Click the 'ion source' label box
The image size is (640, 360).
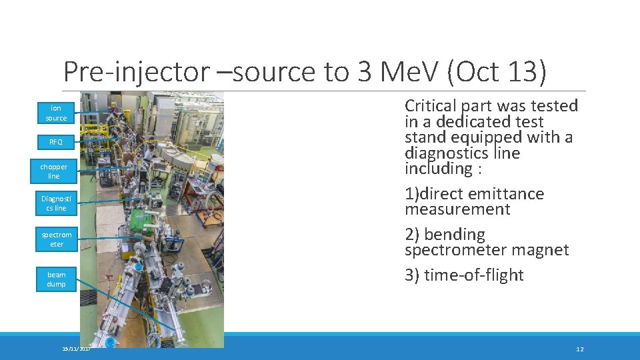pyautogui.click(x=56, y=113)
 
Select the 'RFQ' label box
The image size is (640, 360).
pyautogui.click(x=56, y=142)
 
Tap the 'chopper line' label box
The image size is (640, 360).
pyautogui.click(x=54, y=171)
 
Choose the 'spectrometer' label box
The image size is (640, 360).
pyautogui.click(x=56, y=239)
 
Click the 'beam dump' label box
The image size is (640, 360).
pyautogui.click(x=56, y=279)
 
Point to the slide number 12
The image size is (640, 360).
pyautogui.click(x=579, y=349)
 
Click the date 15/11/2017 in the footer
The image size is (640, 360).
pyautogui.click(x=76, y=349)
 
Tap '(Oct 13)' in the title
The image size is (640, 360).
pyautogui.click(x=496, y=72)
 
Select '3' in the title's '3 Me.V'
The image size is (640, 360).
pyautogui.click(x=365, y=72)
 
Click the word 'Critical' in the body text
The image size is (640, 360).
pyautogui.click(x=431, y=106)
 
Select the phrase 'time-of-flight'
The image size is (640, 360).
pyautogui.click(x=473, y=275)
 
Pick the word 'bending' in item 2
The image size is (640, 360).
pyautogui.click(x=455, y=235)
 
